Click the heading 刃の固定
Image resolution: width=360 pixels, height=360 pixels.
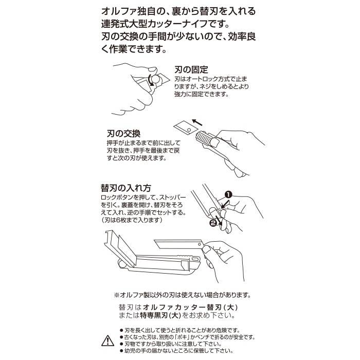[191, 69]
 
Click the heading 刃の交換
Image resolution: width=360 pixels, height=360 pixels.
[123, 133]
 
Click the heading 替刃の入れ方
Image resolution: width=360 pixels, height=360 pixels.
[126, 188]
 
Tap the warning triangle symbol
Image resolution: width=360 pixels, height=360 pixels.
[107, 340]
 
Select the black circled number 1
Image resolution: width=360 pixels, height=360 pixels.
[228, 195]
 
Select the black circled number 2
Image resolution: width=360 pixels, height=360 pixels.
[213, 223]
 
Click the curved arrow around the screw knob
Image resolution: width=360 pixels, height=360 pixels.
[151, 80]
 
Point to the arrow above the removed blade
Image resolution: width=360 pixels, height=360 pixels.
[197, 122]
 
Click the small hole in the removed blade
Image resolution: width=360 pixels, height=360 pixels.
[189, 130]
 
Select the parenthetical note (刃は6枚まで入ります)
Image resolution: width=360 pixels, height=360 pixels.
[132, 220]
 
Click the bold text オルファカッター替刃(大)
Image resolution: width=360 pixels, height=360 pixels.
[190, 307]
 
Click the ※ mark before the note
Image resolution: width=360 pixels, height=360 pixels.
[117, 295]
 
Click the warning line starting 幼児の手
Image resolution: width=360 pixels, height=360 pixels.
[176, 351]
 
